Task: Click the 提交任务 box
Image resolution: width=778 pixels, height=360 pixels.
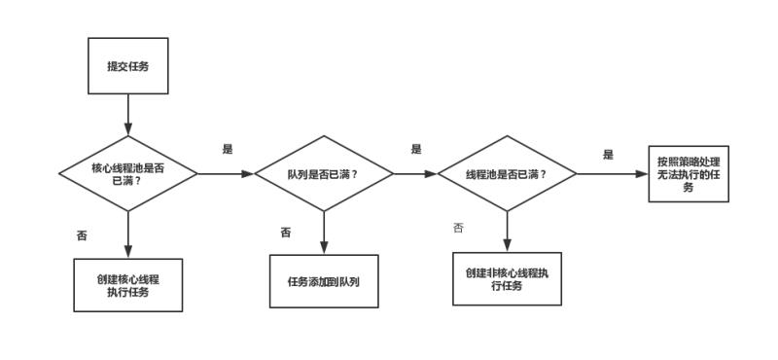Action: click(x=127, y=66)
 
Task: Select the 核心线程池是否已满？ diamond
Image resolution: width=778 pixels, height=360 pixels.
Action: click(x=127, y=174)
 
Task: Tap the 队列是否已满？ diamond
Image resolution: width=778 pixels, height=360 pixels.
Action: click(x=323, y=174)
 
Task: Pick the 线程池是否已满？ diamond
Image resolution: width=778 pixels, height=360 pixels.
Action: click(x=507, y=174)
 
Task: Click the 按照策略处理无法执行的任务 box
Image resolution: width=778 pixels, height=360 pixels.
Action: click(x=689, y=174)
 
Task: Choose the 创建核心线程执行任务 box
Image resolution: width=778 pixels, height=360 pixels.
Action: click(x=127, y=285)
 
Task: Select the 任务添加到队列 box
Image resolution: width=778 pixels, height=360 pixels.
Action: click(x=323, y=281)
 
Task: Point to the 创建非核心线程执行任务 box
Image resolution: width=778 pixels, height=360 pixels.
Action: click(x=507, y=279)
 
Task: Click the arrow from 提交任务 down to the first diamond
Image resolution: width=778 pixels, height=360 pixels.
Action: click(x=127, y=115)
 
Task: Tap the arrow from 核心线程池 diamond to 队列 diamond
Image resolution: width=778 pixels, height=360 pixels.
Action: click(x=226, y=174)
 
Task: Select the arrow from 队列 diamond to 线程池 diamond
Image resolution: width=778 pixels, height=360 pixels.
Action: click(x=415, y=174)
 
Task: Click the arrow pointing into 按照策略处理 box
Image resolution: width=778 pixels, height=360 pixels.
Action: click(x=612, y=174)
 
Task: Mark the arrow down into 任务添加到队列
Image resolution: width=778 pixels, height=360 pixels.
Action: click(x=323, y=234)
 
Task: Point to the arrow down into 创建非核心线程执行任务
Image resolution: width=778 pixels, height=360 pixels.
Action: click(x=507, y=232)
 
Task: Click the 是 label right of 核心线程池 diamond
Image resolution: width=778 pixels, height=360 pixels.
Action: click(x=228, y=149)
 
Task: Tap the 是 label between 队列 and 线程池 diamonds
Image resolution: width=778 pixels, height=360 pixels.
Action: click(x=416, y=149)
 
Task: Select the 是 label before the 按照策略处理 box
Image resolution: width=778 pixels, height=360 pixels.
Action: click(x=608, y=155)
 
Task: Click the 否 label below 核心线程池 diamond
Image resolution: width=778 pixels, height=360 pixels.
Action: click(x=82, y=235)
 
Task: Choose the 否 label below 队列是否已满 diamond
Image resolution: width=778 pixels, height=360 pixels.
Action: click(x=286, y=233)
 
